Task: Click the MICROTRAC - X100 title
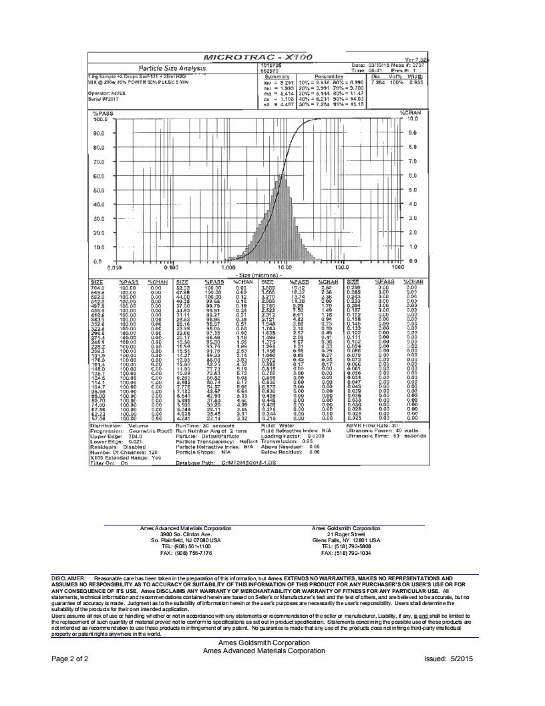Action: [257, 58]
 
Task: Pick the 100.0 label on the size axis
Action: [342, 267]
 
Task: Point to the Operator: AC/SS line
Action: [108, 93]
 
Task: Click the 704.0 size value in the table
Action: [98, 287]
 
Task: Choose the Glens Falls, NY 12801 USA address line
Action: [350, 540]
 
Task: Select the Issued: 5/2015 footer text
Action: [448, 659]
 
